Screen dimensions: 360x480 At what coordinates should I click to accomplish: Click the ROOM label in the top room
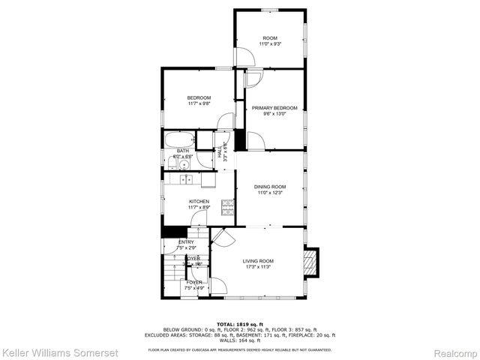point(270,38)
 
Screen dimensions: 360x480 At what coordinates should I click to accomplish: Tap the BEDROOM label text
point(199,98)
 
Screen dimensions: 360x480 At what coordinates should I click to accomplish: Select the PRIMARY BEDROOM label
point(274,108)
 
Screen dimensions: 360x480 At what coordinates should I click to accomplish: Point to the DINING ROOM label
point(270,187)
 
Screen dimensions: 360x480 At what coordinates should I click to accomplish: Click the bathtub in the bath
point(178,139)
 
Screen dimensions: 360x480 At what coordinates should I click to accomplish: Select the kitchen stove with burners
point(228,205)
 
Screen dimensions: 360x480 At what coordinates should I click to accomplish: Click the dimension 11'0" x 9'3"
point(270,44)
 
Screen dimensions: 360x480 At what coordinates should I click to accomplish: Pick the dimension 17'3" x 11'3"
point(258,267)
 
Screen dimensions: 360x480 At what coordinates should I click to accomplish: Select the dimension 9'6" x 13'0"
point(274,114)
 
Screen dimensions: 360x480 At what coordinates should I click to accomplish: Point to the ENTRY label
point(186,241)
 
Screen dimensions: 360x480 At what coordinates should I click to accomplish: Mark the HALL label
point(220,148)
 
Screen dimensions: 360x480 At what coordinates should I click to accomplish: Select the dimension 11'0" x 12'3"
point(270,193)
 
